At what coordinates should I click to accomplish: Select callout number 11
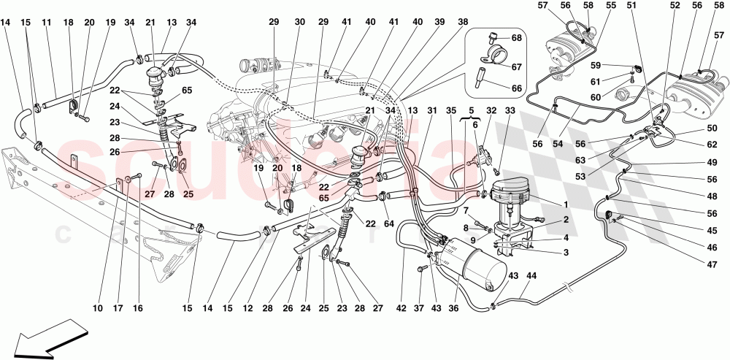[x=45, y=23]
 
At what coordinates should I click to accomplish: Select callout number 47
[x=710, y=264]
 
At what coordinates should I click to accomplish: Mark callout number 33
[x=510, y=111]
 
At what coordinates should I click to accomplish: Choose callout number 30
[x=299, y=23]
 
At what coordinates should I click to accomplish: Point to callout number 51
[x=631, y=5]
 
